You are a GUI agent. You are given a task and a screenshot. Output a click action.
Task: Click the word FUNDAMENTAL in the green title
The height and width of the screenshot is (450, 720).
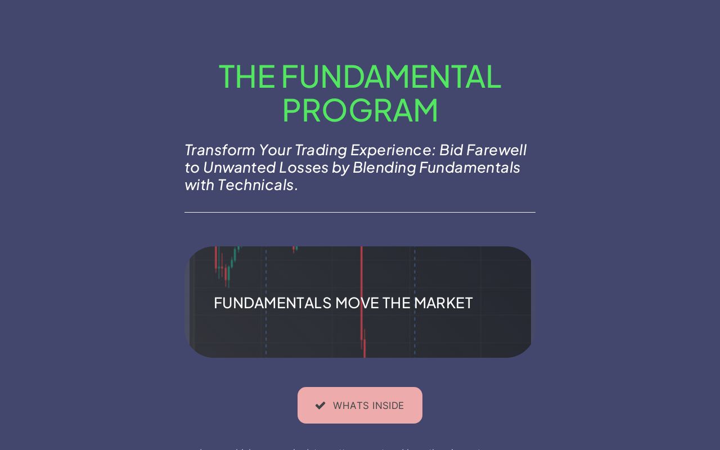(x=391, y=76)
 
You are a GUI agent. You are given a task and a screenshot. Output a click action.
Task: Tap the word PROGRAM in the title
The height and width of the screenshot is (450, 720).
(x=360, y=110)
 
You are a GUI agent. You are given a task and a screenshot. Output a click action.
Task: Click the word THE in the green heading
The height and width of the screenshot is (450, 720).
(x=247, y=76)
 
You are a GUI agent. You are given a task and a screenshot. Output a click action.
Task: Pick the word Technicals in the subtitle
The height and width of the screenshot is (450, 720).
(x=256, y=185)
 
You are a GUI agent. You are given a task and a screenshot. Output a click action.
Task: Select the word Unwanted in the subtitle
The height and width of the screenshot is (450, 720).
(x=235, y=168)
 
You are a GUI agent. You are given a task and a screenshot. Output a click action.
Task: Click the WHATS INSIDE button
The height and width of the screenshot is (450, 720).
(x=360, y=405)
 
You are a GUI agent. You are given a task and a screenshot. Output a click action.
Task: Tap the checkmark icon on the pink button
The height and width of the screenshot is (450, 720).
(x=320, y=406)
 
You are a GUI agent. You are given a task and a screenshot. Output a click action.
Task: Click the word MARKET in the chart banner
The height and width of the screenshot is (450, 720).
(x=443, y=303)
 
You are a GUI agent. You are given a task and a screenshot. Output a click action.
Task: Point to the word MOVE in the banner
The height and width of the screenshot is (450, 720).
(x=357, y=303)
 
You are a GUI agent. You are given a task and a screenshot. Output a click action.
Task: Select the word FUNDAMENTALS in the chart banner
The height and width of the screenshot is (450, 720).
(x=272, y=303)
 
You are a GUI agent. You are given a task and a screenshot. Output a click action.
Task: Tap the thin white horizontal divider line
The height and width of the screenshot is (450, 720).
(x=360, y=212)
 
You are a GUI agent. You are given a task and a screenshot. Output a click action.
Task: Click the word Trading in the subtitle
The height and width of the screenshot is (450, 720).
(x=321, y=150)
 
